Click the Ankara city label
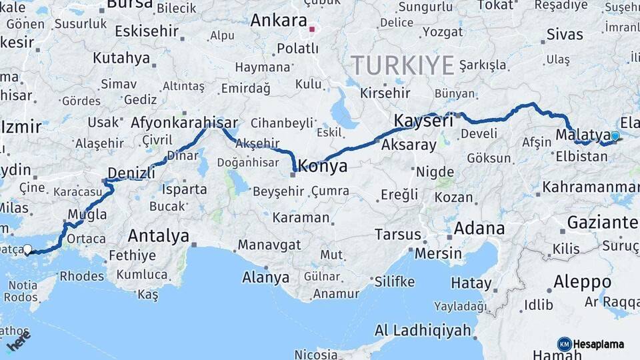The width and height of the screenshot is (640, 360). click(278, 20)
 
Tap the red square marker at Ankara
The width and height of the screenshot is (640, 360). click(311, 29)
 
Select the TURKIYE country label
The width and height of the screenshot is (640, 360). click(403, 65)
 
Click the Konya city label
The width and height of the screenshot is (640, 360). click(323, 166)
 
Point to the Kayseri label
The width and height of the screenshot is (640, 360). click(423, 121)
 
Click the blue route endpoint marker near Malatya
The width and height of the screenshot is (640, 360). click(615, 136)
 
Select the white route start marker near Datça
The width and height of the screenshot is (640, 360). click(27, 250)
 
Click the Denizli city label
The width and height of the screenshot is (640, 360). click(131, 173)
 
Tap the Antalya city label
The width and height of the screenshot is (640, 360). click(158, 235)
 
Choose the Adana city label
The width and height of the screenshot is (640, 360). click(479, 229)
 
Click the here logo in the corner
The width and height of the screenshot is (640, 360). click(18, 344)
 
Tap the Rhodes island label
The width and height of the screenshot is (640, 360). click(82, 275)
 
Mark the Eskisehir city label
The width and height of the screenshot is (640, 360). click(147, 31)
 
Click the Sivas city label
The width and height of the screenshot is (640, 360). click(564, 34)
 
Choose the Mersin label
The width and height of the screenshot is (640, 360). click(438, 253)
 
